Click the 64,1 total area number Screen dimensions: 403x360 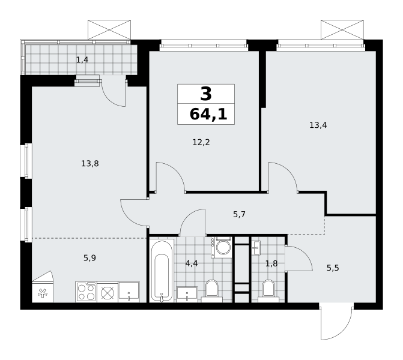tap(208, 115)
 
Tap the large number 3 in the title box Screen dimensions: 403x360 tap(206, 94)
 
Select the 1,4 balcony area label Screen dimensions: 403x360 tap(82, 60)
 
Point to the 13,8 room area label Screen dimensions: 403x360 tap(90, 164)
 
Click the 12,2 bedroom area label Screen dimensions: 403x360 tap(201, 142)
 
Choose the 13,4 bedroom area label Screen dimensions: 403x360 tap(318, 125)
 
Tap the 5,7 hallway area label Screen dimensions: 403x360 tap(239, 214)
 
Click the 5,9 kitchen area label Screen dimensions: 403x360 tap(89, 258)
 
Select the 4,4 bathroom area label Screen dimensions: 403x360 tap(192, 263)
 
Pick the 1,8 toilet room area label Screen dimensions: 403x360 tap(271, 263)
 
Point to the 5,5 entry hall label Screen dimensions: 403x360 tap(333, 268)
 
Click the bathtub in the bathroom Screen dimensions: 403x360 tap(162, 271)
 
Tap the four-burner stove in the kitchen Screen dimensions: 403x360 tap(86, 292)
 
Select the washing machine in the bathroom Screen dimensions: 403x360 tap(222, 247)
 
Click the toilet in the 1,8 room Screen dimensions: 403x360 tap(268, 291)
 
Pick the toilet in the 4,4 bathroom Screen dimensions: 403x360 tap(212, 291)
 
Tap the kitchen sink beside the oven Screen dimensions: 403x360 tap(129, 292)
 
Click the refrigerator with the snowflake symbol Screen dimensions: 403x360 tap(43, 287)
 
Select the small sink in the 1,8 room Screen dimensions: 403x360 tap(256, 248)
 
